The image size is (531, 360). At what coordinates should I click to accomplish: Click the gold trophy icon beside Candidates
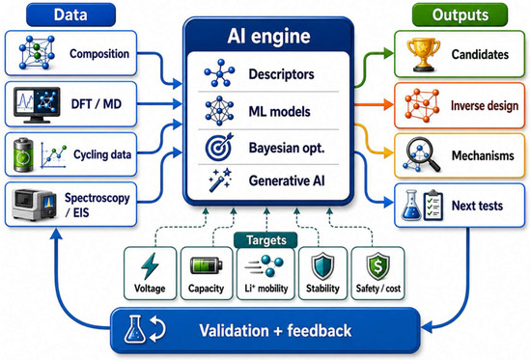click(423, 54)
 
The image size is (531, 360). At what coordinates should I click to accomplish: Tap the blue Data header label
click(70, 14)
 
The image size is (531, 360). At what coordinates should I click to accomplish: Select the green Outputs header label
click(460, 14)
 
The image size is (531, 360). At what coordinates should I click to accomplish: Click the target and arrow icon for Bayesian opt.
click(219, 147)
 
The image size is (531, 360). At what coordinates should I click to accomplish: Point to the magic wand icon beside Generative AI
click(219, 180)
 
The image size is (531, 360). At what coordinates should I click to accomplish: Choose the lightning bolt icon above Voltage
click(150, 265)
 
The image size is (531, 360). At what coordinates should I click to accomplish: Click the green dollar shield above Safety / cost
click(377, 266)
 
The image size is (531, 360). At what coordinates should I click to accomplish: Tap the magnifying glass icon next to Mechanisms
click(421, 154)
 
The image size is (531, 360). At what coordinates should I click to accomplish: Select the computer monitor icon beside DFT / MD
click(37, 105)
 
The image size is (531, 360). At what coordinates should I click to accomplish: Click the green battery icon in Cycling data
click(23, 154)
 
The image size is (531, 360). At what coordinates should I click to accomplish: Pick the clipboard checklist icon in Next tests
click(433, 205)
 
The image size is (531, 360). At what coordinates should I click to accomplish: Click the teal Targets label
click(265, 240)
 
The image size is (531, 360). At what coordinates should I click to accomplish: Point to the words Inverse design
click(485, 105)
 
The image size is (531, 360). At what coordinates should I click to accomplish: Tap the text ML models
click(279, 111)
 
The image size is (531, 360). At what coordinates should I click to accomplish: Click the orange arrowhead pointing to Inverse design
click(388, 104)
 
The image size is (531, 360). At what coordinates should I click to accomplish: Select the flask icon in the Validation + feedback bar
click(135, 329)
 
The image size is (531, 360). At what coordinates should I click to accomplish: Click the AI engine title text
click(268, 36)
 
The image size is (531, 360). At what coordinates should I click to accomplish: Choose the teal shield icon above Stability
click(322, 266)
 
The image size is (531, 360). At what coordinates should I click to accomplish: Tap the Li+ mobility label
click(266, 289)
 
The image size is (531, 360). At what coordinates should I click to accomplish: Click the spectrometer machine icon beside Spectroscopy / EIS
click(34, 205)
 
